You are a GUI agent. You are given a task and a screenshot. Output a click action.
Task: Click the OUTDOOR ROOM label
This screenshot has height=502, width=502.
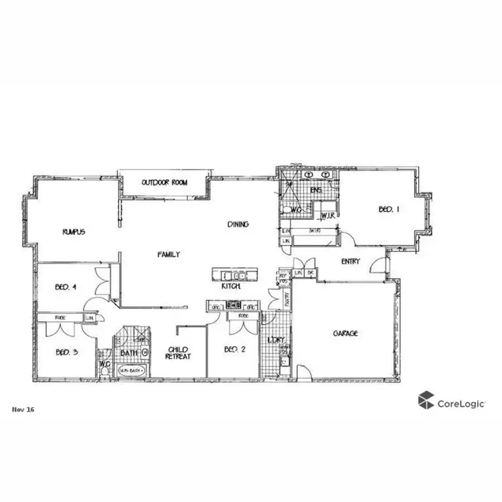pos(165,183)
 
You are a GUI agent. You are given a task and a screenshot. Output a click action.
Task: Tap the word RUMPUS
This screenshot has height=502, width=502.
pos(74,232)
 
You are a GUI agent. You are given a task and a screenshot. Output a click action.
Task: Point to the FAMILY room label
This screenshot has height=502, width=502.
pos(168,254)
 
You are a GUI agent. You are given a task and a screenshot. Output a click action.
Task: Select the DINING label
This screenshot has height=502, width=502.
pos(238,224)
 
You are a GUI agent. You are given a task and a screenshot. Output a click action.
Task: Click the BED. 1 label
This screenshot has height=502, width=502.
pos(389,210)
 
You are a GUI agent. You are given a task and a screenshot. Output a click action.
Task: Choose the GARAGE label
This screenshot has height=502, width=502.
pos(345,333)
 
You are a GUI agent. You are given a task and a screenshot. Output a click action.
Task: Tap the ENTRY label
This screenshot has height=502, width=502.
pos(351,261)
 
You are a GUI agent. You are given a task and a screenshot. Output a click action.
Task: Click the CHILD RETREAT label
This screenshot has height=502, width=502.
pos(179,353)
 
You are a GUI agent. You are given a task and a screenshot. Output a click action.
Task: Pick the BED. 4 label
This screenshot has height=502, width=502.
pos(65,287)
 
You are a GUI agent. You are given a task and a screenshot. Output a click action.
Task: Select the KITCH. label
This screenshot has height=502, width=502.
pos(231,286)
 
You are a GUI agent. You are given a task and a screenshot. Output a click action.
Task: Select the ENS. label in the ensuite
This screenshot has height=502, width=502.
pos(317,191)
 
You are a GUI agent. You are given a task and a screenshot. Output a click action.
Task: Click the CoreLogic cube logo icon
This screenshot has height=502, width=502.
pos(425,401)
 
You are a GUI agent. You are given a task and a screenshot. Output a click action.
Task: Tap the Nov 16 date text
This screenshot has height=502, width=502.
pos(23,409)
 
